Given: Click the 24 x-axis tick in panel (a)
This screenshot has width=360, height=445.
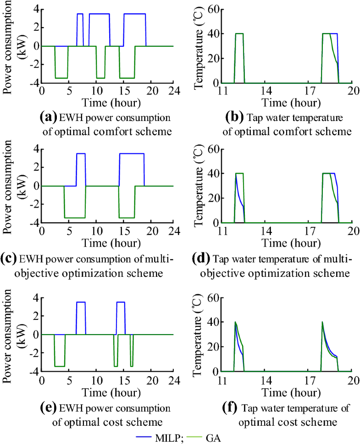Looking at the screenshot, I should point(173,91).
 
